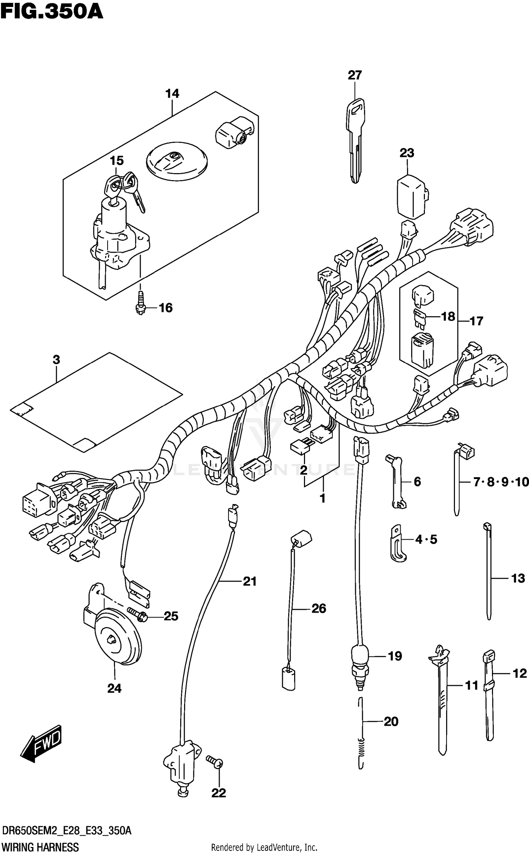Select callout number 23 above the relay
[x=407, y=153]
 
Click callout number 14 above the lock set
[x=172, y=94]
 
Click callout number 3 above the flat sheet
[x=56, y=360]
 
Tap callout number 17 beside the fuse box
[x=476, y=321]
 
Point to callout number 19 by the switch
[x=395, y=656]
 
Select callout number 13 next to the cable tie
[x=518, y=578]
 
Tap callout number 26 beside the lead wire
[x=319, y=608]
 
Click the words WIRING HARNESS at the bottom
[x=40, y=847]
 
